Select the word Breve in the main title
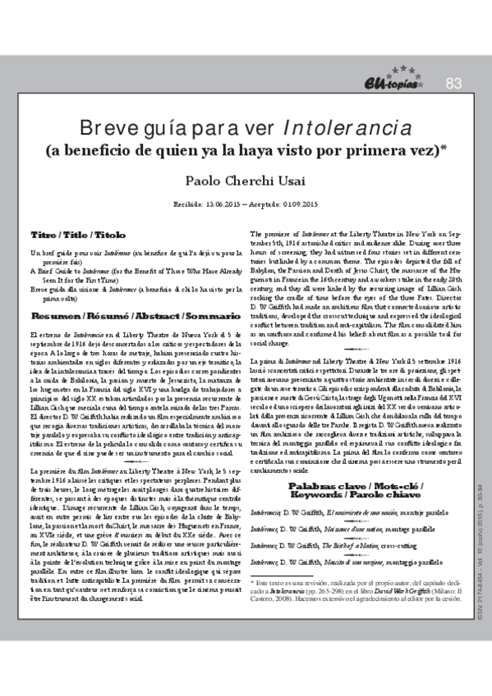point(108,129)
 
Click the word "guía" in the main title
point(164,129)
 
